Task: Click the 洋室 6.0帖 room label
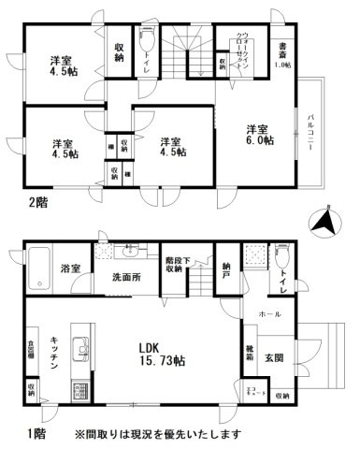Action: (260, 133)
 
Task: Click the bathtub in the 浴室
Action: (38, 271)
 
